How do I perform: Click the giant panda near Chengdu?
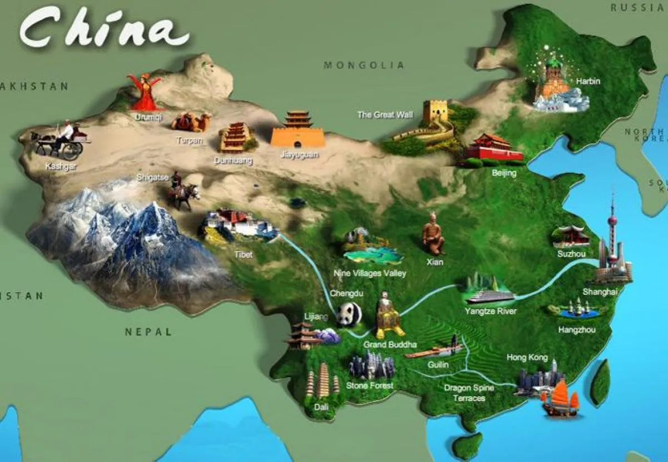[349, 315]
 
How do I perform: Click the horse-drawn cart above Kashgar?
[60, 141]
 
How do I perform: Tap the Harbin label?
[588, 81]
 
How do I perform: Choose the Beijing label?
[504, 173]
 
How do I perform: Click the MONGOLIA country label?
[364, 66]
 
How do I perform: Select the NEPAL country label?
[149, 332]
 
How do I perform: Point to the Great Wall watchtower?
[435, 112]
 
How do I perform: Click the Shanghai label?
[600, 291]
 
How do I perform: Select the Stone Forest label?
[369, 385]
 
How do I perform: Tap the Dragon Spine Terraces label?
[468, 393]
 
